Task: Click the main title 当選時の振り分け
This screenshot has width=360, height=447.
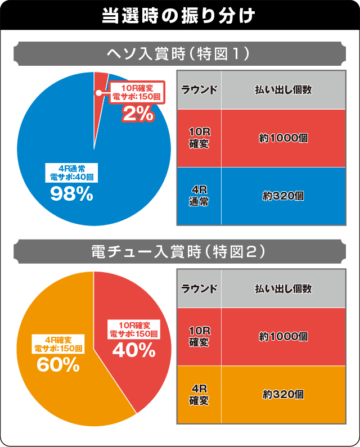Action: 179,15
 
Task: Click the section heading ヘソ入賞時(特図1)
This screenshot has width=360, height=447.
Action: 179,54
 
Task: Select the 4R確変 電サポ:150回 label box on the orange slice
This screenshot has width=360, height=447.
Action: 58,344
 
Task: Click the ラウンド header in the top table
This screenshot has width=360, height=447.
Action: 199,90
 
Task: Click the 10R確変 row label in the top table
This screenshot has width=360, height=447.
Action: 199,137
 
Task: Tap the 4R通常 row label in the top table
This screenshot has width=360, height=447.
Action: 199,196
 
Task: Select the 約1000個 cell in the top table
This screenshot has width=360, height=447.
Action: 283,138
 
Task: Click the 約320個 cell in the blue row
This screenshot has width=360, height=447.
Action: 283,196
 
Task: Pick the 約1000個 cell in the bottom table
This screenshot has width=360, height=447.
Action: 283,336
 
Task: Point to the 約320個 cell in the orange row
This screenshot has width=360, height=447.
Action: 283,394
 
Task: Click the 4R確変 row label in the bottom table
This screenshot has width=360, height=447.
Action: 199,394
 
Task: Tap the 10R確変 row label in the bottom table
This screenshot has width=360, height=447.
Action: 199,336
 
